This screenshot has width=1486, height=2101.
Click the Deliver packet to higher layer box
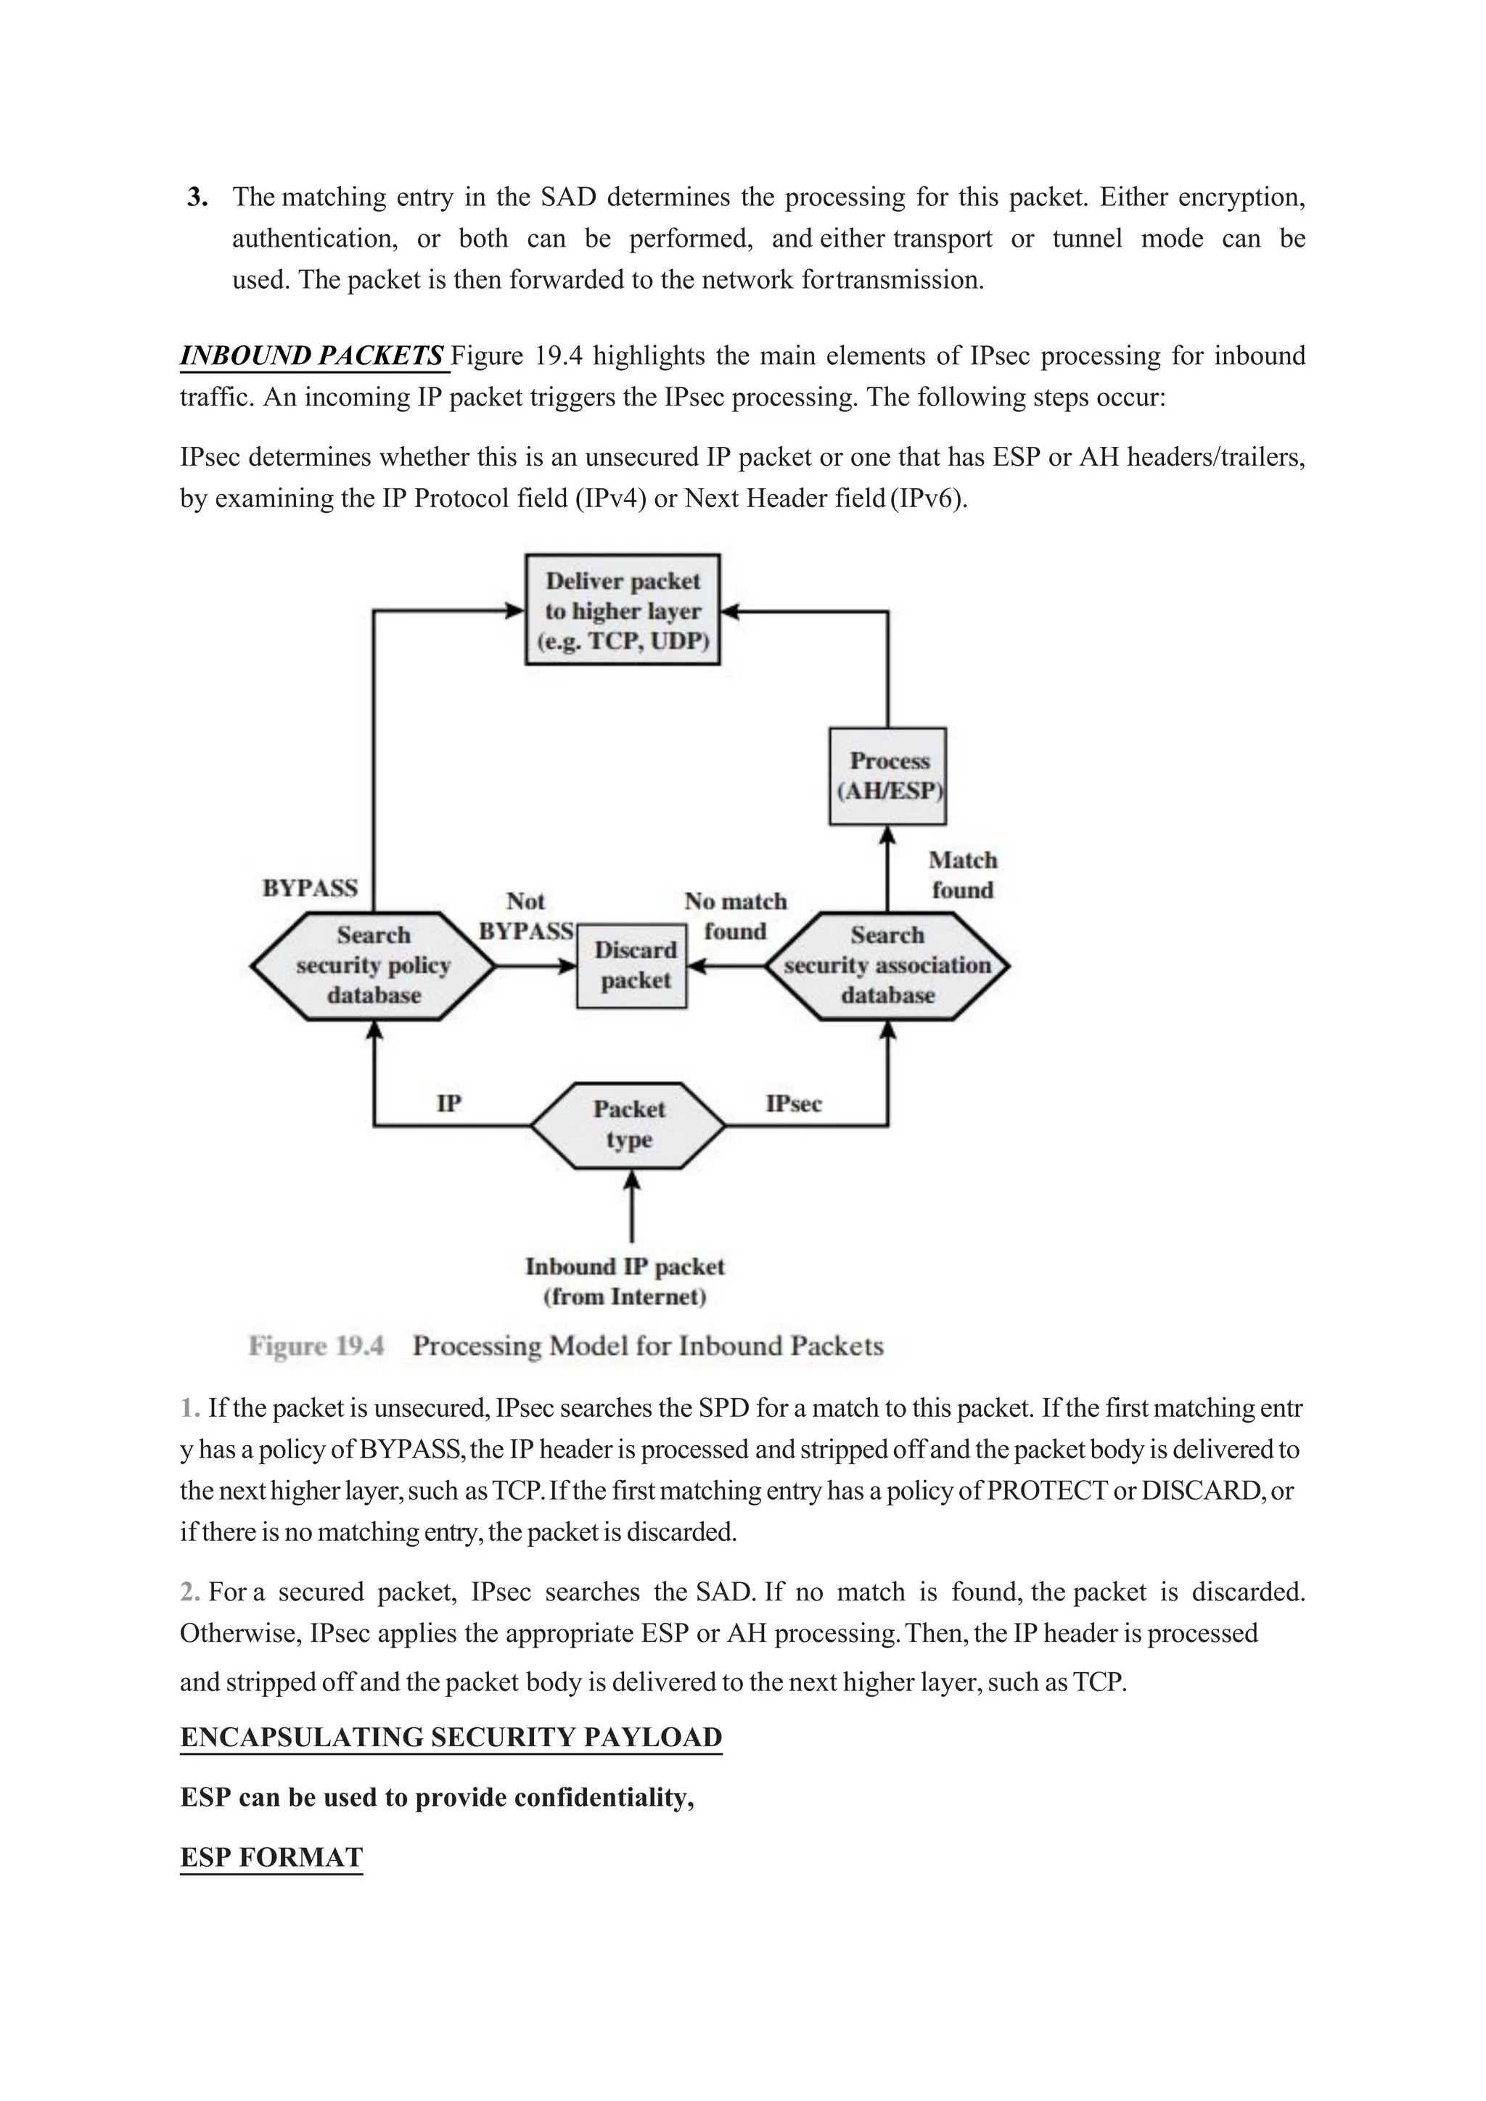click(623, 610)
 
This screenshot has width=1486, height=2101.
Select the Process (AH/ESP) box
click(887, 776)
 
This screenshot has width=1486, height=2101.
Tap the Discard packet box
click(632, 966)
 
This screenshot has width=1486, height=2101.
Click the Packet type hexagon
click(628, 1124)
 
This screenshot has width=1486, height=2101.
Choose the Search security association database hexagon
click(887, 966)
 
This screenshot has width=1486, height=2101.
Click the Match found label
click(961, 875)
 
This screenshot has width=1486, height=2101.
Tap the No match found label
click(735, 916)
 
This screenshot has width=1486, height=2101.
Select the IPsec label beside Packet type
click(793, 1103)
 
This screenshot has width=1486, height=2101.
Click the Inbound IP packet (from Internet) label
click(625, 1281)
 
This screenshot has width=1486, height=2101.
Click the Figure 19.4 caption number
click(316, 1346)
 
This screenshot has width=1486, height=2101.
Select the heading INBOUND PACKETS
click(312, 356)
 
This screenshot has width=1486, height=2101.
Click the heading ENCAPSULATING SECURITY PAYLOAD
click(451, 1737)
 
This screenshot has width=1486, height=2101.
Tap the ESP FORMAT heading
click(272, 1857)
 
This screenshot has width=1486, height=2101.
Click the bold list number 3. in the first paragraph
click(197, 197)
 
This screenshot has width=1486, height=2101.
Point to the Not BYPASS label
click(526, 916)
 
